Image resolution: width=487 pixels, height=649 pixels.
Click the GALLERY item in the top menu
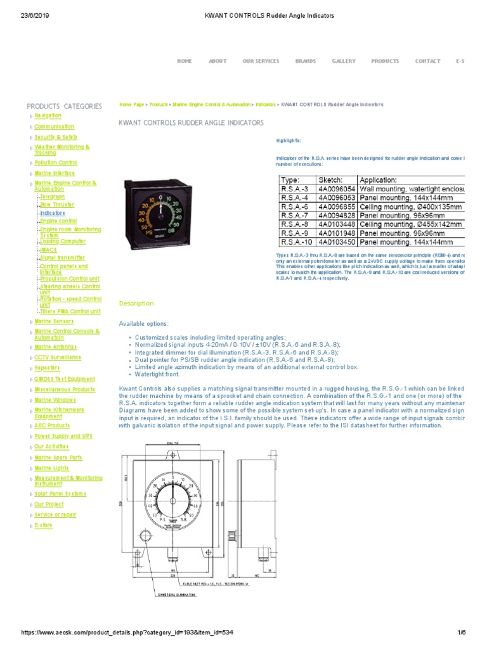344,61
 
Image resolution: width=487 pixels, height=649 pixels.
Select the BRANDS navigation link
305,61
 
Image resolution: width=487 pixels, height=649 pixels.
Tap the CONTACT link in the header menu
427,61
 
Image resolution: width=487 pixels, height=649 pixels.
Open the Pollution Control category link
56,163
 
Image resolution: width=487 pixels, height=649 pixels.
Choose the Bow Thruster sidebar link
57,205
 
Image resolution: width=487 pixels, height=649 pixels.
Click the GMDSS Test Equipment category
65,379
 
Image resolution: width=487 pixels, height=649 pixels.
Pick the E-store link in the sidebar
44,525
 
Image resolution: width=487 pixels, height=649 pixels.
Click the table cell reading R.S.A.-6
294,207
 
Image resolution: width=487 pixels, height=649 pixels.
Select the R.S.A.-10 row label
296,241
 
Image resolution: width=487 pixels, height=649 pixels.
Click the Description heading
136,304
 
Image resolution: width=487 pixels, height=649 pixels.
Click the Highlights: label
289,140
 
